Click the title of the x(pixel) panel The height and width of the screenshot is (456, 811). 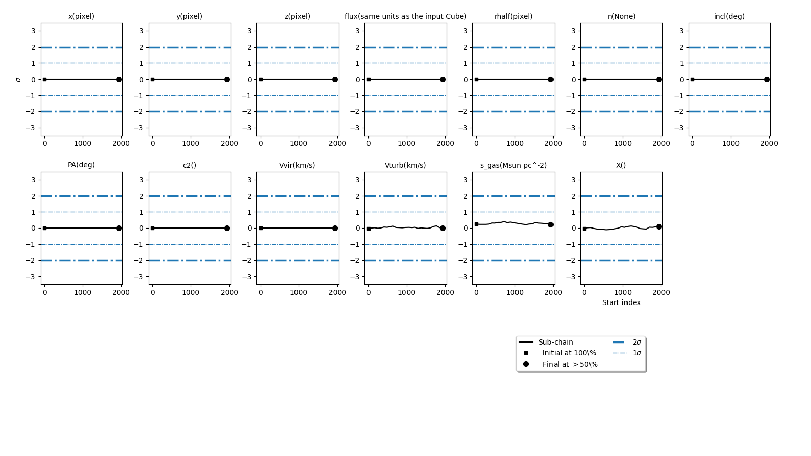click(81, 16)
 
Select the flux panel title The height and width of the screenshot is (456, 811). click(405, 16)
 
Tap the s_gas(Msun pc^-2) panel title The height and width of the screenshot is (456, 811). click(513, 165)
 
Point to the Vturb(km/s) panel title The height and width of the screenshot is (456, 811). click(405, 165)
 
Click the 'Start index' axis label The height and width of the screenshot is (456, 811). click(621, 302)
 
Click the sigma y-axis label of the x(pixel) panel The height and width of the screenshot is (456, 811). click(18, 80)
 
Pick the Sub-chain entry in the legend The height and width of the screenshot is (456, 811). click(556, 342)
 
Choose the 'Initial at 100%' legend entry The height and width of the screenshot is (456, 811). click(569, 353)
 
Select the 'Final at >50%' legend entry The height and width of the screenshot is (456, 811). click(570, 364)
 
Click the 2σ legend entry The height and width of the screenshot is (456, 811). click(637, 342)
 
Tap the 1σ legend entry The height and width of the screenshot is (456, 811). click(637, 353)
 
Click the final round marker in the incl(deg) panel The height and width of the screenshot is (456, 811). click(767, 79)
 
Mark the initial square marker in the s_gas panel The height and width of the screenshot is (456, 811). click(476, 224)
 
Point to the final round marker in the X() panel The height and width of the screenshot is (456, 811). click(659, 226)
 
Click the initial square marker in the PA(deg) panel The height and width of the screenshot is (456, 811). click(44, 228)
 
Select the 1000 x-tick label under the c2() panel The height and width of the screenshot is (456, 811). click(191, 292)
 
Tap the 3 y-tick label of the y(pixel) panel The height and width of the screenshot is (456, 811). click(141, 31)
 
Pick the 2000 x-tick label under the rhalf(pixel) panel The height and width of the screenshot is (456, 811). click(553, 143)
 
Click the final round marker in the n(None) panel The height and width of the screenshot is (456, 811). click(659, 79)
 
